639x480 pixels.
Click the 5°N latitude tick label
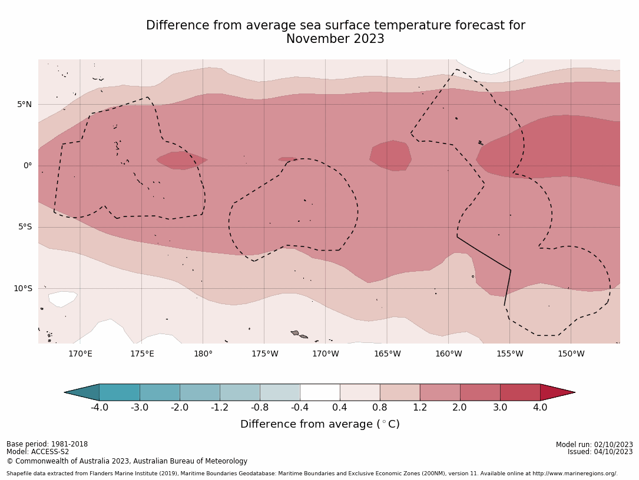(24, 105)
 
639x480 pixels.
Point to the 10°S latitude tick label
(22, 288)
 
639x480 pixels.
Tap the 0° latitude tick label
(28, 166)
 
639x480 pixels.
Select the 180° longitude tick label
(203, 354)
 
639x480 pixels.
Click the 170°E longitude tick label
(80, 354)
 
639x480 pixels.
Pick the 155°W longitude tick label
(509, 354)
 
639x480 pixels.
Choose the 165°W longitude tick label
(387, 354)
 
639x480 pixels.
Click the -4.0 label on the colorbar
(99, 407)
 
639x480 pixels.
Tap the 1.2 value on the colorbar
(420, 407)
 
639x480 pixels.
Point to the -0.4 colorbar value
(299, 407)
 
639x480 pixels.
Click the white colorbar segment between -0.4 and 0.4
(320, 392)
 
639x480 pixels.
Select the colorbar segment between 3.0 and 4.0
(520, 392)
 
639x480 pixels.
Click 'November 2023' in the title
(335, 39)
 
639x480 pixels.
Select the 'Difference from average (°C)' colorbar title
(320, 424)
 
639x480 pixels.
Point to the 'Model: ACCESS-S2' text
(38, 452)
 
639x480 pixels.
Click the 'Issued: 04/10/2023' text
(600, 452)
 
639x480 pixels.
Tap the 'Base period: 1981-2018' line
(47, 444)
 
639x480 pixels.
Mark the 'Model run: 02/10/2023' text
(594, 445)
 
